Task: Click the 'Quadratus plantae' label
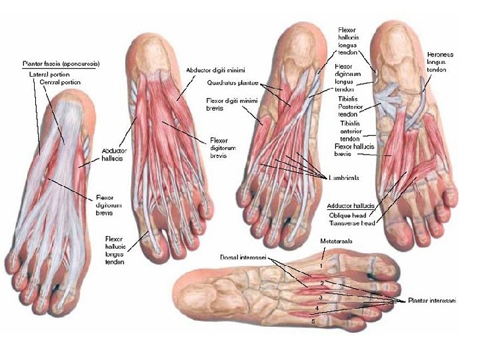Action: pos(231,83)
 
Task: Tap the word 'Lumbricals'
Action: pos(345,178)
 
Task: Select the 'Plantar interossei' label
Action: pos(432,301)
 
